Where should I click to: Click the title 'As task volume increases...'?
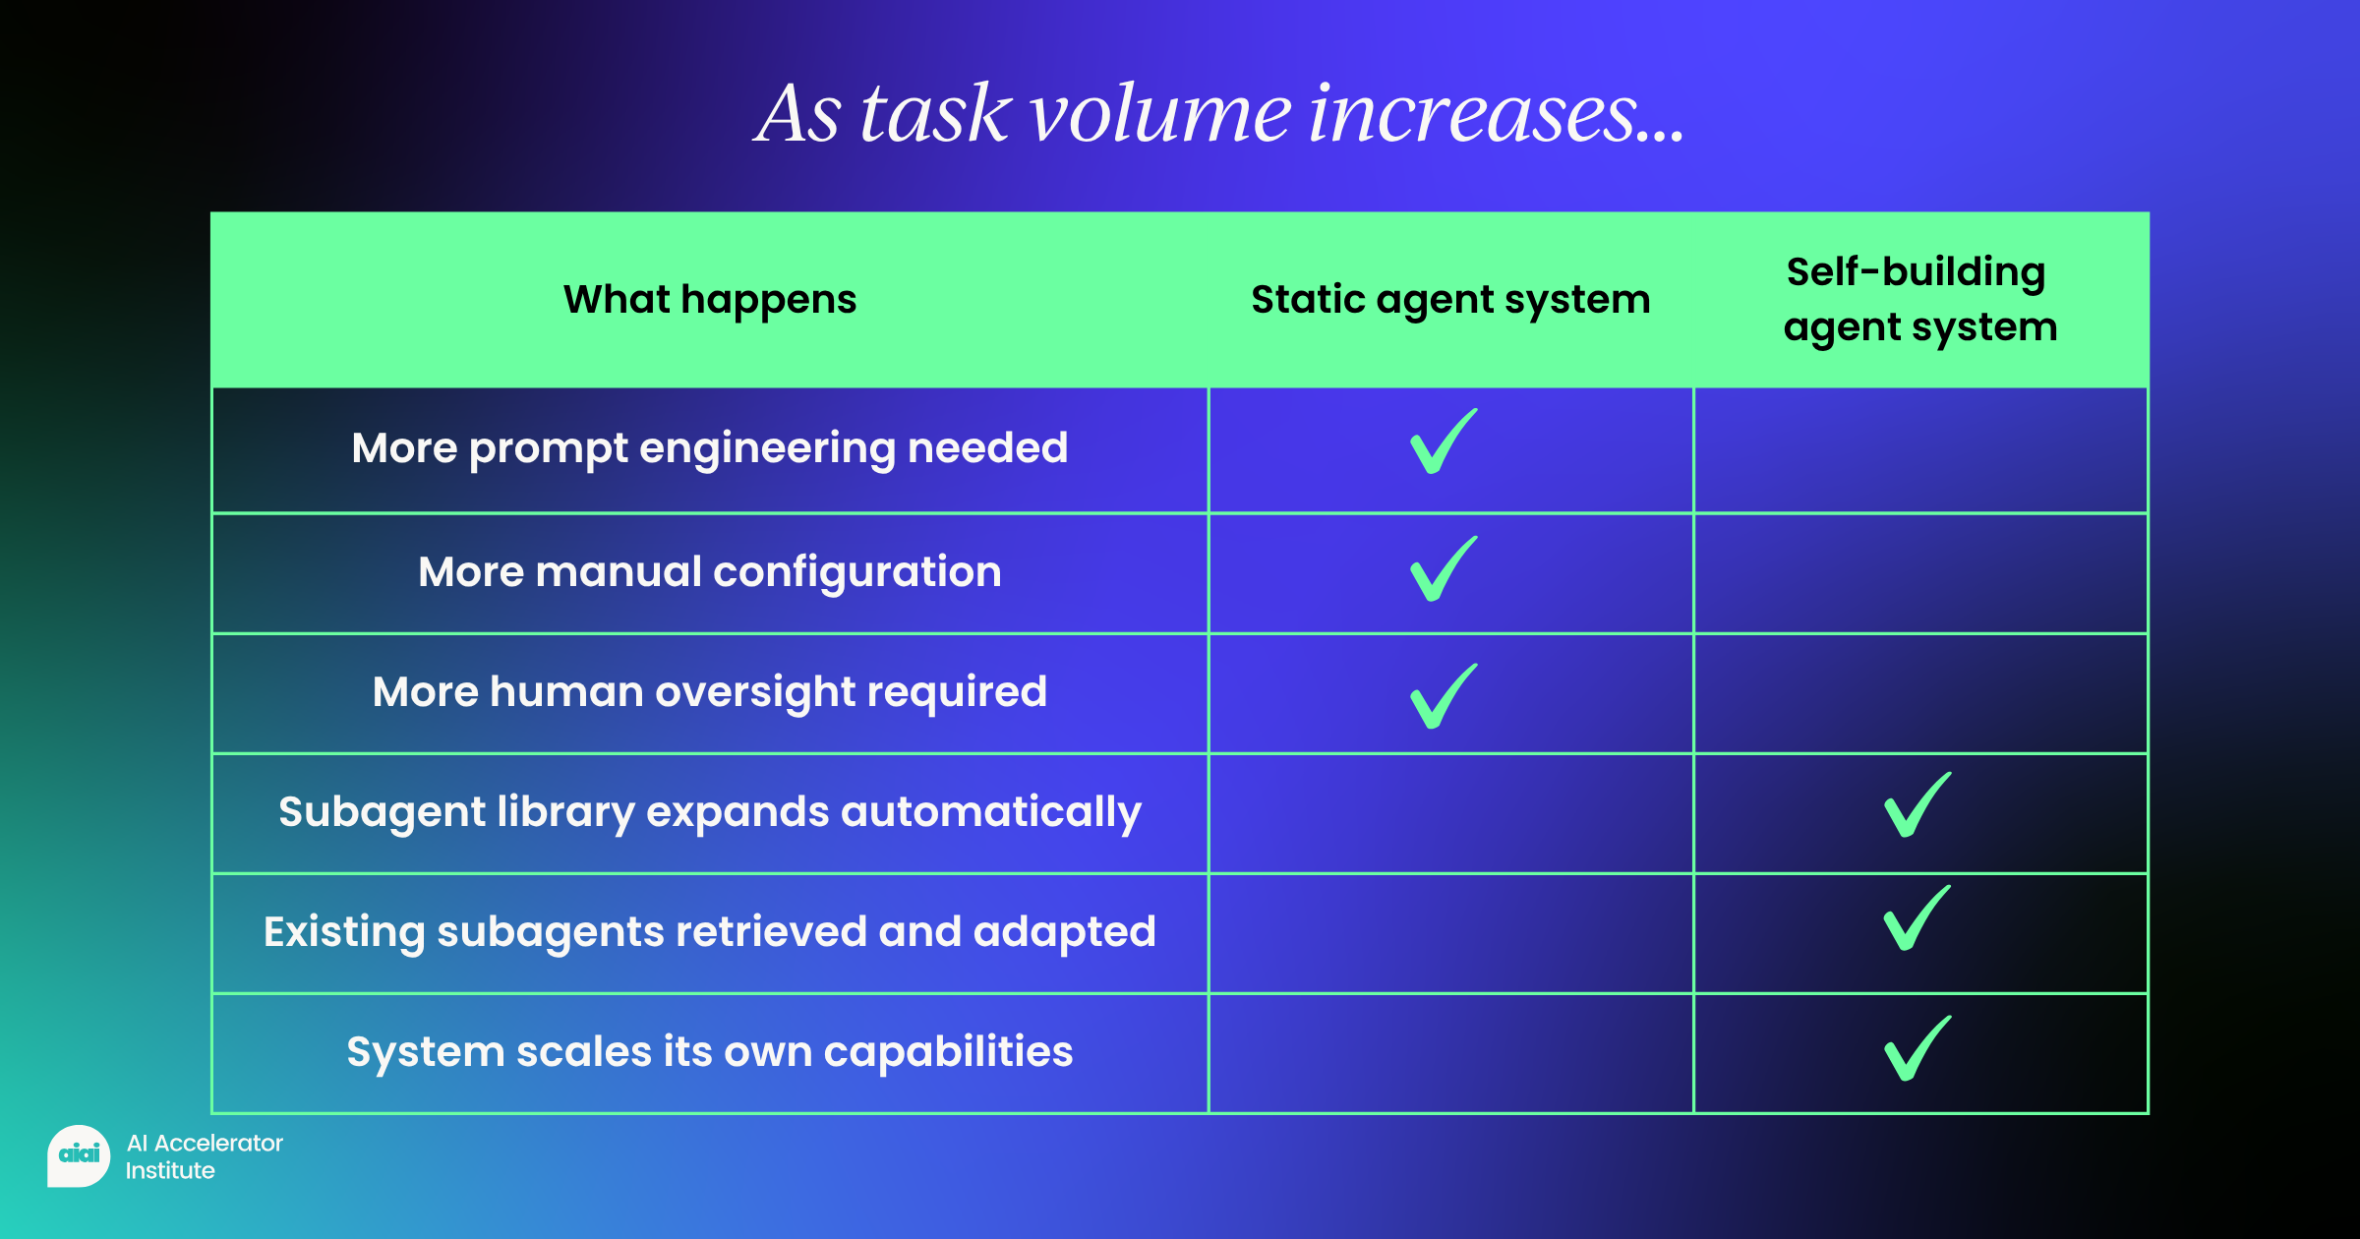click(x=1219, y=114)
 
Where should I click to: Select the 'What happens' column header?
click(x=710, y=300)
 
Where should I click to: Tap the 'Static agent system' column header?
click(x=1450, y=300)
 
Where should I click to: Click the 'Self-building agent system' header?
click(x=1920, y=300)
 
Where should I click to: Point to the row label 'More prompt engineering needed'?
click(x=710, y=449)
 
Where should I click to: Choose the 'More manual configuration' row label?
click(x=710, y=572)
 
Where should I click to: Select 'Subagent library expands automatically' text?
click(x=710, y=813)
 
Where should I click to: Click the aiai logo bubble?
click(x=79, y=1155)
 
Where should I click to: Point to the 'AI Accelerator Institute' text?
click(x=205, y=1156)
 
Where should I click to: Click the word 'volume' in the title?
click(x=1160, y=114)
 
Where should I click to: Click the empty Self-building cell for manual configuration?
click(x=1920, y=573)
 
